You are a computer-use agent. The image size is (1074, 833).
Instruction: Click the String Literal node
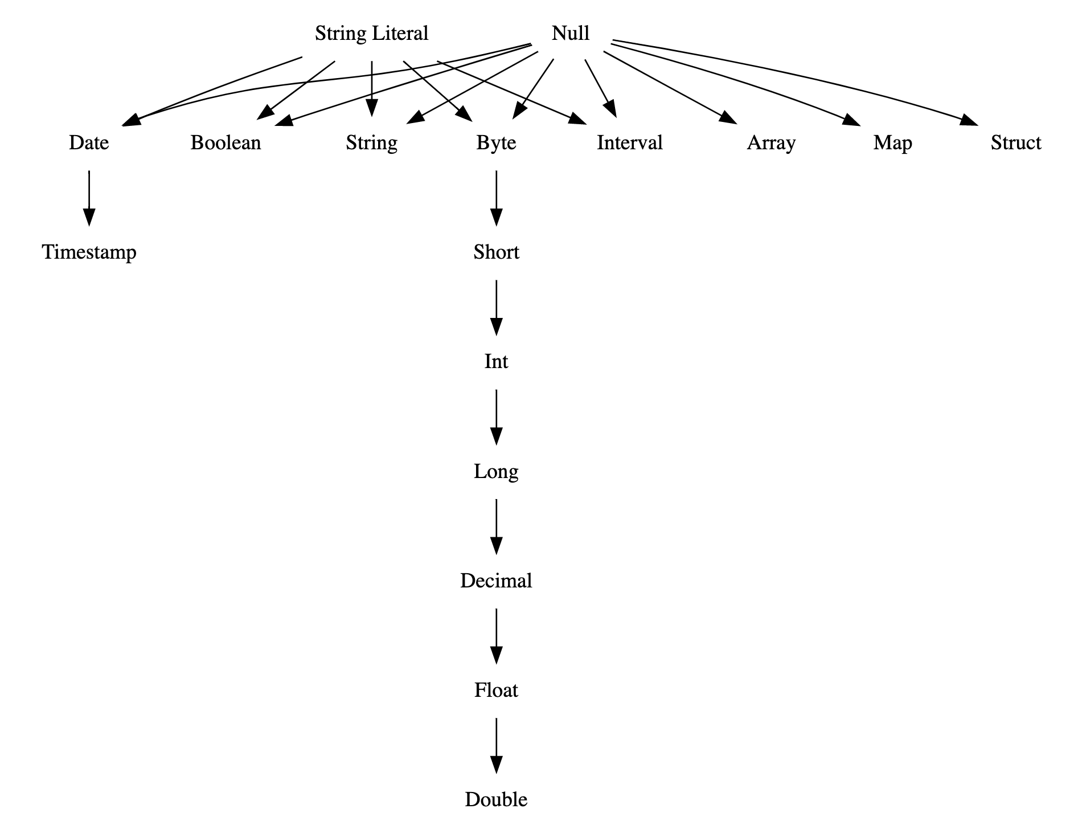(x=371, y=34)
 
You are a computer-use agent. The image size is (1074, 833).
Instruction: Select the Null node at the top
(x=570, y=34)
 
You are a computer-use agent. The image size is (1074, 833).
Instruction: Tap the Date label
(x=89, y=142)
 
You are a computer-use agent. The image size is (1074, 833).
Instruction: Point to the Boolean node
(x=226, y=142)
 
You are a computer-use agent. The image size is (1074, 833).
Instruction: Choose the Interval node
(x=629, y=142)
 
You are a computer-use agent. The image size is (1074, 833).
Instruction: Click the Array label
(x=771, y=142)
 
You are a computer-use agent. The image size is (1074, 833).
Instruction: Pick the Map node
(x=892, y=142)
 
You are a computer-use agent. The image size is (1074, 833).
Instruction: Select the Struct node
(x=1015, y=142)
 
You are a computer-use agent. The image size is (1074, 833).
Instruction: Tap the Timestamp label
(x=89, y=252)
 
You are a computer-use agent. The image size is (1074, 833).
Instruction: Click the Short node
(x=496, y=252)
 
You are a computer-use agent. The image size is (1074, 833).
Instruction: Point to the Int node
(x=496, y=361)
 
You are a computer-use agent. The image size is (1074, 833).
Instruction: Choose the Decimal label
(x=496, y=581)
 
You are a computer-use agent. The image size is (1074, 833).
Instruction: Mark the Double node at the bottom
(x=496, y=799)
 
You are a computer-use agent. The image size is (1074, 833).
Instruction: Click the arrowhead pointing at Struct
(x=969, y=121)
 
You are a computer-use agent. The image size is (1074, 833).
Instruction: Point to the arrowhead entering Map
(x=852, y=120)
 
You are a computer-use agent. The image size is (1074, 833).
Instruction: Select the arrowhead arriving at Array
(x=728, y=118)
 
